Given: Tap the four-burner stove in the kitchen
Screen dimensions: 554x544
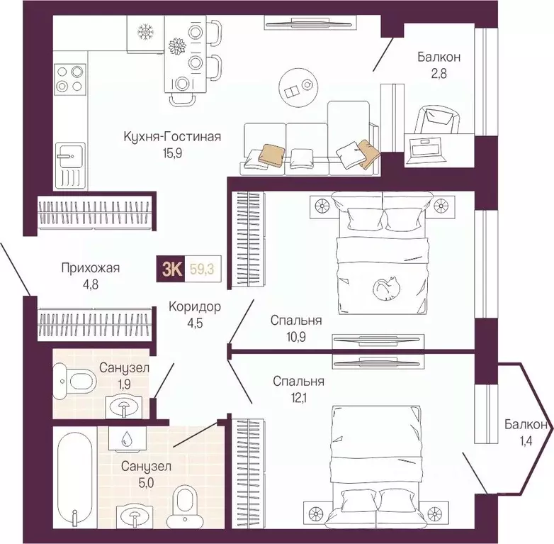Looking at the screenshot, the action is click(x=70, y=79).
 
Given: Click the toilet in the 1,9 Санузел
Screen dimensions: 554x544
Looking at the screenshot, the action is click(x=75, y=382).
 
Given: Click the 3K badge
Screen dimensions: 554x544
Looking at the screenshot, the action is click(x=171, y=269).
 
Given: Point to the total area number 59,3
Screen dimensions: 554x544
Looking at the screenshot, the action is click(x=202, y=270).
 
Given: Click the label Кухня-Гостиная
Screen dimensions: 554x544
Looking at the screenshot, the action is click(x=172, y=136).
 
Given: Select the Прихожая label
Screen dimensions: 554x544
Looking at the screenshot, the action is click(x=91, y=268).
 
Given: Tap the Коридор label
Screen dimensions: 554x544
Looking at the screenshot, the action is click(x=195, y=306).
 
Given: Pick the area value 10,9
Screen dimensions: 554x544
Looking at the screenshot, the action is click(x=296, y=337).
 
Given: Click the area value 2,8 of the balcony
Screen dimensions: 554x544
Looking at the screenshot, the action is click(x=438, y=74).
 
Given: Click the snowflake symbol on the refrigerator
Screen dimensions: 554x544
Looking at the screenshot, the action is click(x=144, y=32).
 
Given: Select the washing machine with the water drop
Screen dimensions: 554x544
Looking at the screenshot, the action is click(x=128, y=438).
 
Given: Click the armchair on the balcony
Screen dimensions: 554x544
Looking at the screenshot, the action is click(x=436, y=120).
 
